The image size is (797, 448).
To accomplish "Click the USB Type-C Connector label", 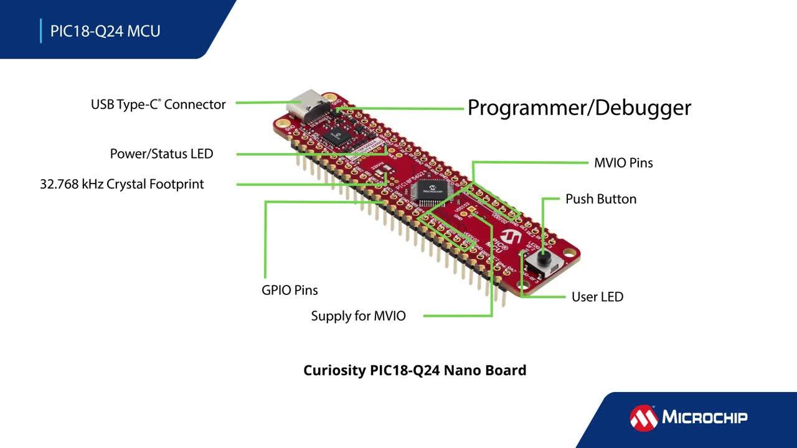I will pyautogui.click(x=158, y=105).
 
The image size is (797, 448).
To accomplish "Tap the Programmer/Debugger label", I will pyautogui.click(x=579, y=108).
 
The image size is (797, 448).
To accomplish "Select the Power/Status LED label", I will pyautogui.click(x=161, y=154).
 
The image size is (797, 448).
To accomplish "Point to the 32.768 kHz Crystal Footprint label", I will pyautogui.click(x=122, y=184).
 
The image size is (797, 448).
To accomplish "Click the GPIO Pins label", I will pyautogui.click(x=290, y=291).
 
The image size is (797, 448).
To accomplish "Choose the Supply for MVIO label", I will pyautogui.click(x=358, y=316).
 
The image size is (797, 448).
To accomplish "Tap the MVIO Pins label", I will pyautogui.click(x=623, y=163).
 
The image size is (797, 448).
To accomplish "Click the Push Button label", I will pyautogui.click(x=600, y=199).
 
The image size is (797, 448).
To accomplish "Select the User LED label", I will pyautogui.click(x=597, y=297).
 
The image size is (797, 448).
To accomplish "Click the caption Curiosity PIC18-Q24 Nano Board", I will pyautogui.click(x=415, y=370).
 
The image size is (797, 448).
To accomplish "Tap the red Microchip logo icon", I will pyautogui.click(x=643, y=418).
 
